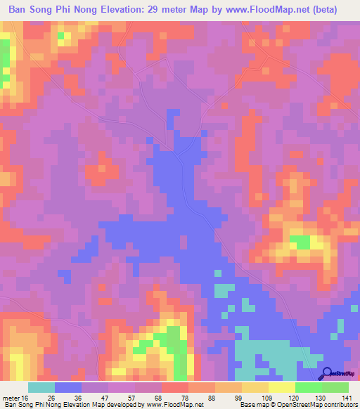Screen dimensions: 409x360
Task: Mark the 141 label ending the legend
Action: (x=347, y=398)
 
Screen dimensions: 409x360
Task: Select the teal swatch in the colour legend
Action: (x=41, y=387)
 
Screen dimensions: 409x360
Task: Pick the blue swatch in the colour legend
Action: (x=68, y=387)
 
